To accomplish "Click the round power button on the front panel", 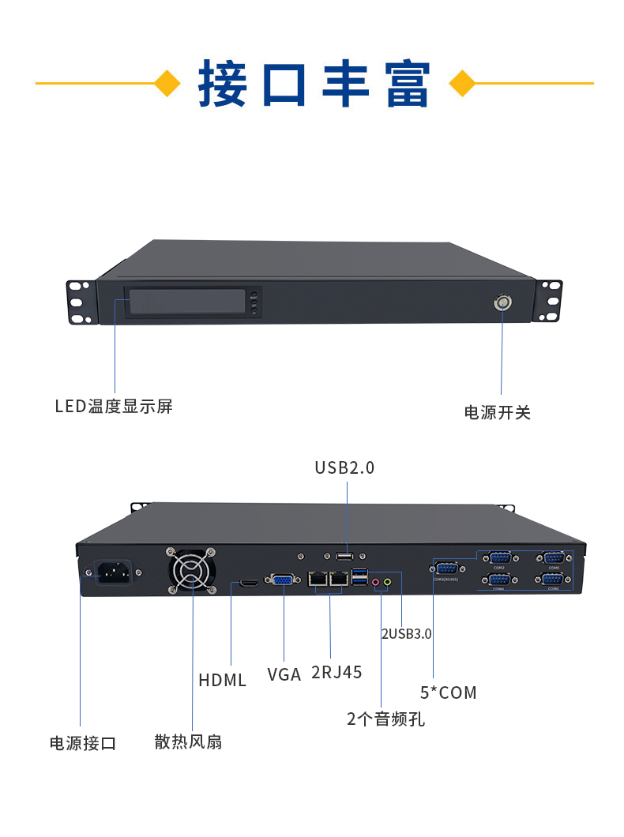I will pos(502,302).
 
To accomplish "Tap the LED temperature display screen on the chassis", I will pos(186,302).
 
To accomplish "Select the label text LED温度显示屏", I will pos(114,407).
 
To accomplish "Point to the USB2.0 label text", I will pos(344,467).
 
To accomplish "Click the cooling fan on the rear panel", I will pos(190,571).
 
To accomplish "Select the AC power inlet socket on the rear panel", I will pos(113,572).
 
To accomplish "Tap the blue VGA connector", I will pos(283,580).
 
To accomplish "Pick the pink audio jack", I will pos(377,584).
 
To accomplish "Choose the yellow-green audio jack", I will pos(388,583).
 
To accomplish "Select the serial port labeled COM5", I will pos(553,557).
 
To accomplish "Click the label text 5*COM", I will pos(449,692).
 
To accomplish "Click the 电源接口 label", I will pos(83,743).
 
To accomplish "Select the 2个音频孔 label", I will pos(385,719).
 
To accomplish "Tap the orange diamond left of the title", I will pos(167,83).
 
